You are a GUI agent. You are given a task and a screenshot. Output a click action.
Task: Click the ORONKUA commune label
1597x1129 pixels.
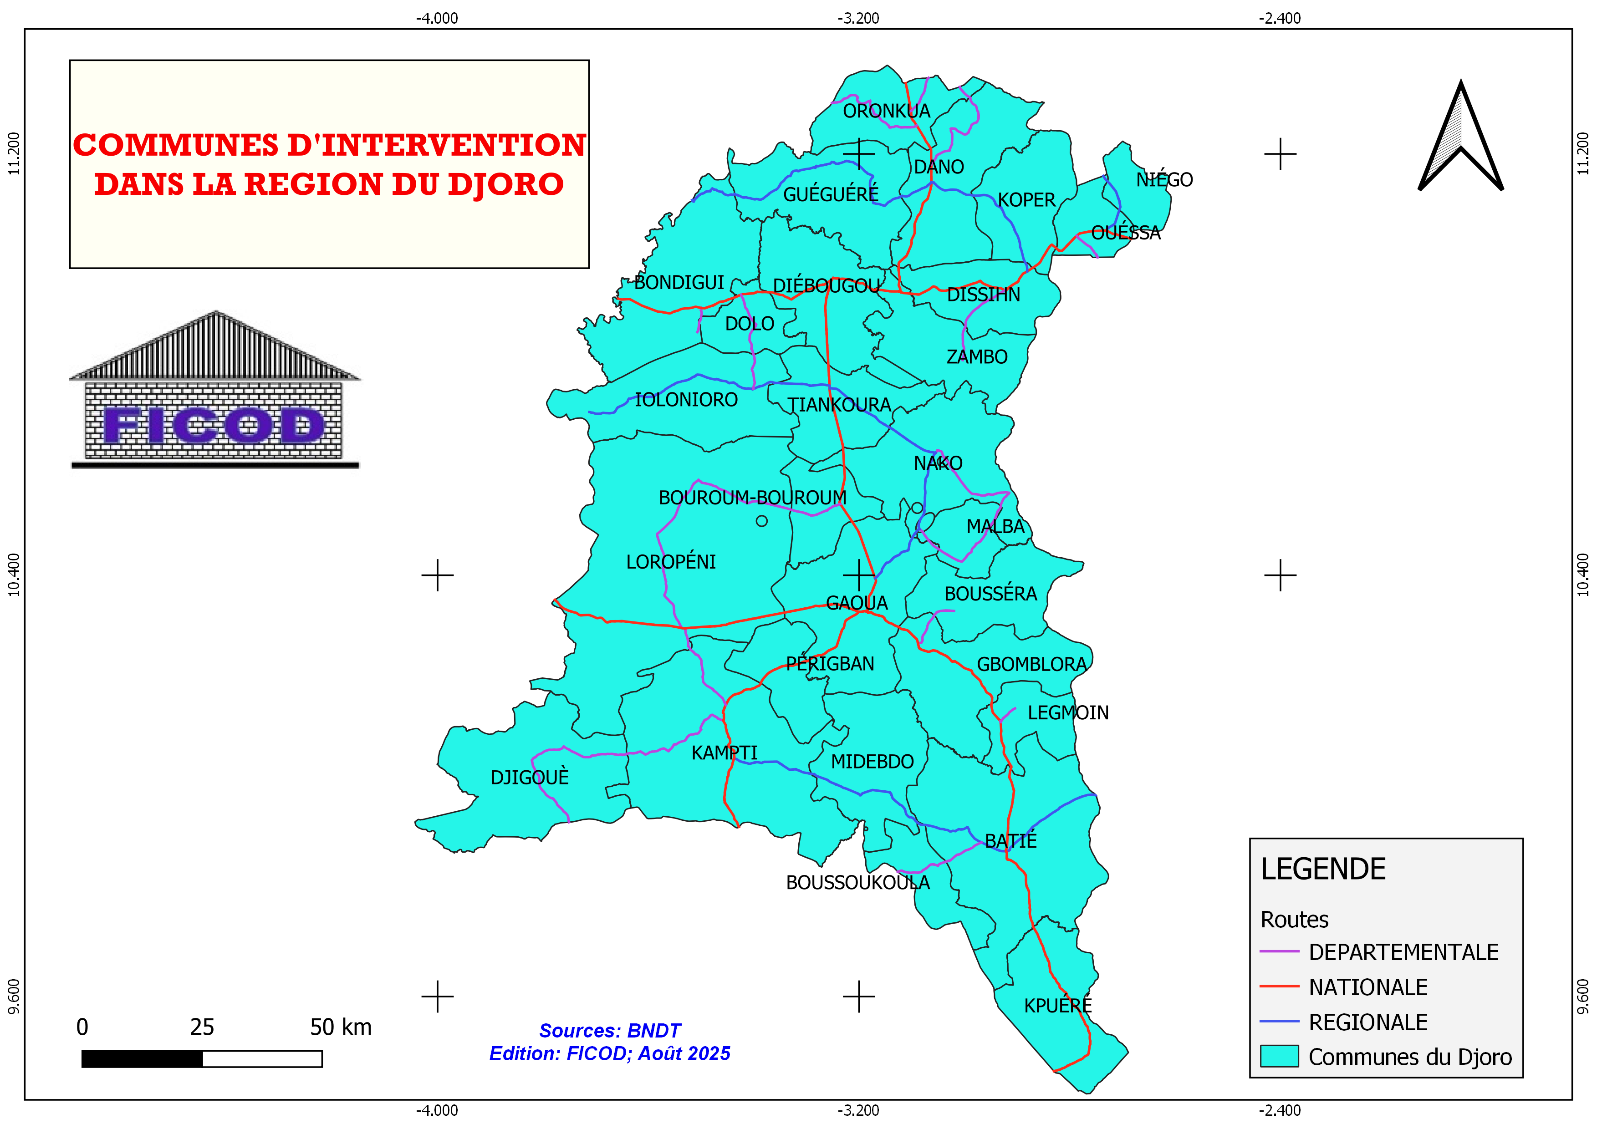(x=886, y=111)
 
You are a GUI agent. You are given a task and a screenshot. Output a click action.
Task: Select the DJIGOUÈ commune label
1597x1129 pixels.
(x=529, y=777)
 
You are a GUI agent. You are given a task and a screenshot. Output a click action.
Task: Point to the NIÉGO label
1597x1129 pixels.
(x=1164, y=180)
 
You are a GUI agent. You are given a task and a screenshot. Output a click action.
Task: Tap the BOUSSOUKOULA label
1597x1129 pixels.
(x=857, y=883)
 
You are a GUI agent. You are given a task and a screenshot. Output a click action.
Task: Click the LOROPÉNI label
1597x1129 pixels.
(x=670, y=562)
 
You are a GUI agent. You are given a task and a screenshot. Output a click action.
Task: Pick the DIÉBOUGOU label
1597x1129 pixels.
(x=827, y=286)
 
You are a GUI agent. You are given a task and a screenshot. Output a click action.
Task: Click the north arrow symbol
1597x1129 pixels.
(x=1461, y=139)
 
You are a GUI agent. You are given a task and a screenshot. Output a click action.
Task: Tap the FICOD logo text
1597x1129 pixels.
(x=214, y=426)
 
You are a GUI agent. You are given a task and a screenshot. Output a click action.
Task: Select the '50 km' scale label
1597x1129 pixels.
(x=340, y=1027)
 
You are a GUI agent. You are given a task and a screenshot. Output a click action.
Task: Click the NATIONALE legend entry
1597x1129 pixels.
(x=1367, y=987)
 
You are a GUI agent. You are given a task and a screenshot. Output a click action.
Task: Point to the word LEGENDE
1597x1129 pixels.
(x=1323, y=870)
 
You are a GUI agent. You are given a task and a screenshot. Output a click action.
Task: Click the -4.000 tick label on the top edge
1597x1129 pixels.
(x=437, y=19)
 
